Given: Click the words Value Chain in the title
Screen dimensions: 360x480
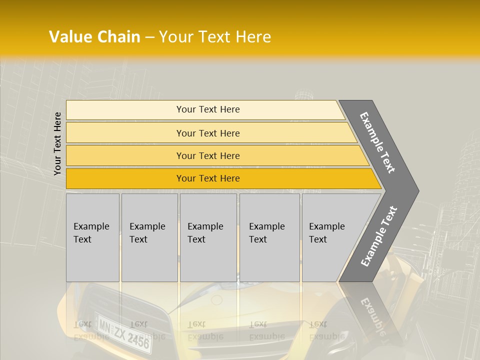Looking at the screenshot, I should [94, 37].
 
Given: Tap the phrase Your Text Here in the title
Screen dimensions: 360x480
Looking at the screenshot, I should [215, 37].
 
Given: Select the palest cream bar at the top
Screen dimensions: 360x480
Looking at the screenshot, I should [205, 110].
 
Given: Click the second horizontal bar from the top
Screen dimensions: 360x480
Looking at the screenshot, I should [210, 133].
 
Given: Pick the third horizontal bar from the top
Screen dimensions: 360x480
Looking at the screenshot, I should [215, 155].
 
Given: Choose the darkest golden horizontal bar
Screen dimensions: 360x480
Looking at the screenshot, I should [220, 178].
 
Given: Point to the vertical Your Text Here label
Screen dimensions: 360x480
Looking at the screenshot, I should [57, 143].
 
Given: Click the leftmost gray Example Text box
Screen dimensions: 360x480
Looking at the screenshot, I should [92, 237].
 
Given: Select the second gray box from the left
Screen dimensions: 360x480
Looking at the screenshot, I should [149, 237].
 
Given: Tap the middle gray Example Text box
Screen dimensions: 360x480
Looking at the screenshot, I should [208, 237].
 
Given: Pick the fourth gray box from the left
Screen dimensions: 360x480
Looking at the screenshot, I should [269, 237].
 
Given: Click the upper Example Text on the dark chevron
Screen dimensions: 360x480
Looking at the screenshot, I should [377, 142].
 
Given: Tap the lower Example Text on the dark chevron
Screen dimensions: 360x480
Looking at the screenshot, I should [378, 236].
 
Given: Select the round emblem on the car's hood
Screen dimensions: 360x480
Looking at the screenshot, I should [216, 300].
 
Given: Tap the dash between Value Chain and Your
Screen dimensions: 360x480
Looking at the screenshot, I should [149, 37].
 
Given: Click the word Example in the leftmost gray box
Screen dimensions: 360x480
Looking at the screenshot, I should [91, 226].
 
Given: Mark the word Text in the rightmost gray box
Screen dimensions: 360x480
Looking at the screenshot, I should [318, 239].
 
